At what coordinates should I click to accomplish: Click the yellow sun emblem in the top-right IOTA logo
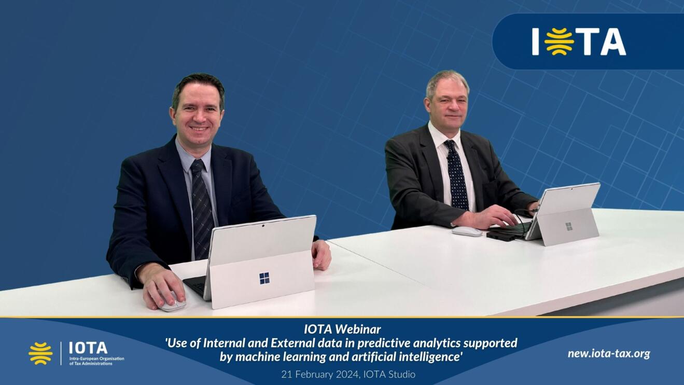point(559,42)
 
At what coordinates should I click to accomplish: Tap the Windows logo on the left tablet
point(264,278)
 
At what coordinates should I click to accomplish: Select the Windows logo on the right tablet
point(568,226)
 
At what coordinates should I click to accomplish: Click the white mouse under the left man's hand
point(173,304)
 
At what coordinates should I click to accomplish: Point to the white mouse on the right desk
point(467,231)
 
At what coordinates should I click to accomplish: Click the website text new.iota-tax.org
point(609,354)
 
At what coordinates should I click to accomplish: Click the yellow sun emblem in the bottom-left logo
point(40,353)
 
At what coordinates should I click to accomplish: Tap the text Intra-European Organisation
point(96,359)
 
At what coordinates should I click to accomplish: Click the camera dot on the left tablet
point(263,226)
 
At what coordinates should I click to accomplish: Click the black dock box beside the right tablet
point(501,235)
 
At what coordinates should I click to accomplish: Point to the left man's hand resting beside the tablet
point(321,255)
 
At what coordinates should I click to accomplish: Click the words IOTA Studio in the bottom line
point(389,374)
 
